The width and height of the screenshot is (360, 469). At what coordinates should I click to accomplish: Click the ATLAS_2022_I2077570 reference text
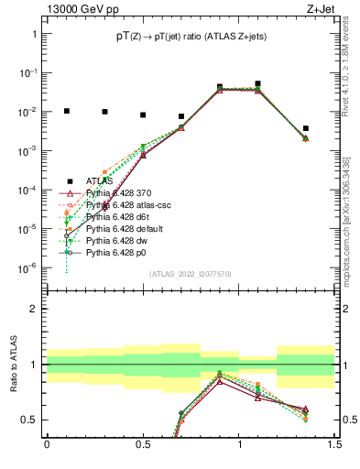[191, 274]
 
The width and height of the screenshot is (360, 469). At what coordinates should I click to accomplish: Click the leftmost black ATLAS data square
[66, 111]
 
